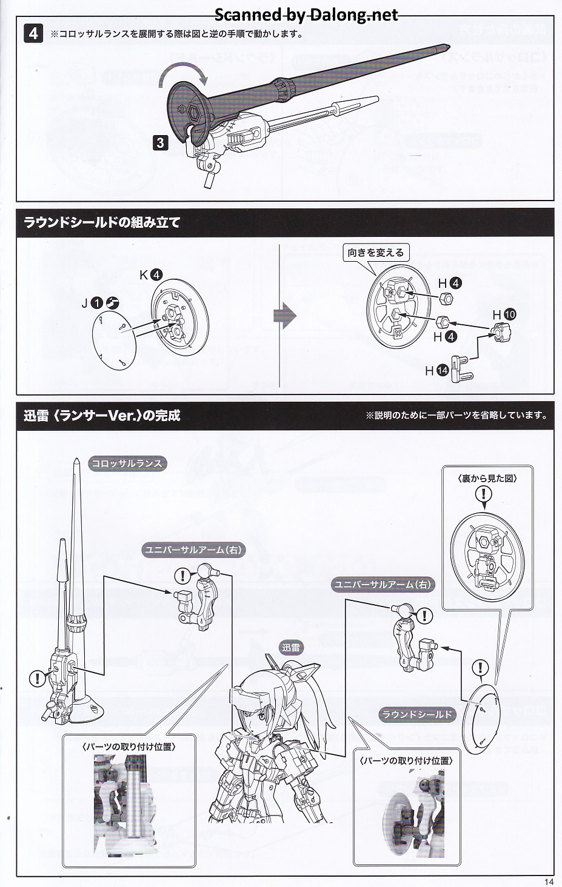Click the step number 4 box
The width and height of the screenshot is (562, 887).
coord(33,33)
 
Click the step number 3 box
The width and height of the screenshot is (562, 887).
coord(160,142)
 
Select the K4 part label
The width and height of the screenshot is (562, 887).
coord(150,274)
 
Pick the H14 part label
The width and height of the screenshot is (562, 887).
coord(437,370)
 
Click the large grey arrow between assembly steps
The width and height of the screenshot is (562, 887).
coord(285,316)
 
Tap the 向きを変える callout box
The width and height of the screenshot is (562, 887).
coord(375,253)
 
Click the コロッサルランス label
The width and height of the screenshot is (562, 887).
coord(127,464)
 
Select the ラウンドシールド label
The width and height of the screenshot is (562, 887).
coord(417,714)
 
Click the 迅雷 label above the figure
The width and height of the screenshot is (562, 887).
coord(291,648)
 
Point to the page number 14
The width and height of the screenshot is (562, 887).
coord(549,882)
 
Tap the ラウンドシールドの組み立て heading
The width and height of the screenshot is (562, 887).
coord(101,222)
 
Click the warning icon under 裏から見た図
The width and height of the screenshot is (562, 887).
coord(484,494)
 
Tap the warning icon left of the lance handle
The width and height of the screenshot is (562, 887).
coord(38,679)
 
